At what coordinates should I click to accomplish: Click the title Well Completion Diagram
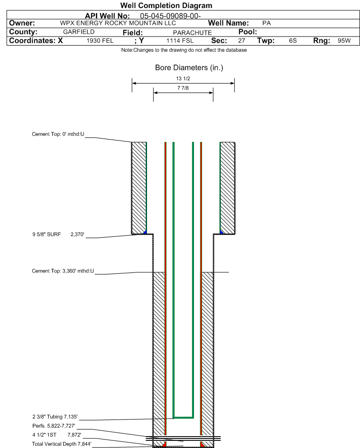166,6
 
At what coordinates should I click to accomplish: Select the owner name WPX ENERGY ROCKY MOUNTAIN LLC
118,23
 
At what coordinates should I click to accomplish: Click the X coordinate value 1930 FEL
100,41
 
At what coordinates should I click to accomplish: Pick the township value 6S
293,41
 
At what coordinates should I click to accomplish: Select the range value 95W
344,41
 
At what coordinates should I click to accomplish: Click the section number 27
241,41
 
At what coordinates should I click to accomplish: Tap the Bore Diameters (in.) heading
189,68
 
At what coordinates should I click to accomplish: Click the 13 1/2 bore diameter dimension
182,79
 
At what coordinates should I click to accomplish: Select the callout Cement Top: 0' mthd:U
58,134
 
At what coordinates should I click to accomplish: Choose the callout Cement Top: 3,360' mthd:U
63,271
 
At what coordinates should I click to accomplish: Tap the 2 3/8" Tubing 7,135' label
55,417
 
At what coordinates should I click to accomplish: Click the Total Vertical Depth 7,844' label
61,444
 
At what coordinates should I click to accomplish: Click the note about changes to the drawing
184,50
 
